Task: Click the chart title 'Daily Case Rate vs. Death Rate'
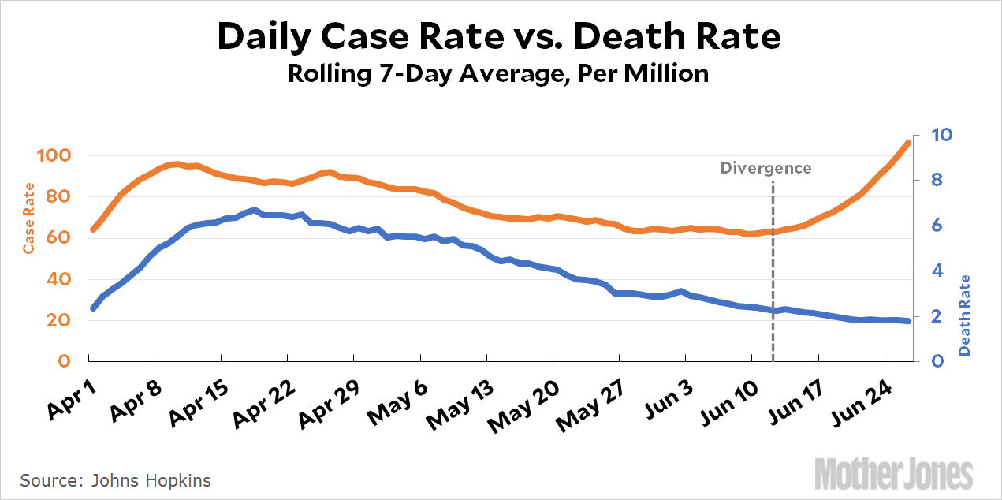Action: (498, 36)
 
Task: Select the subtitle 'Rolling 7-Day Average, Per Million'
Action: (498, 74)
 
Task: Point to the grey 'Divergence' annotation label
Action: (765, 168)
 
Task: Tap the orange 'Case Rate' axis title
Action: (28, 218)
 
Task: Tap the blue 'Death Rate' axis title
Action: (965, 314)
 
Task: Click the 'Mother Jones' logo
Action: (894, 473)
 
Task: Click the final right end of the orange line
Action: (907, 143)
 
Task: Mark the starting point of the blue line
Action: (93, 308)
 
